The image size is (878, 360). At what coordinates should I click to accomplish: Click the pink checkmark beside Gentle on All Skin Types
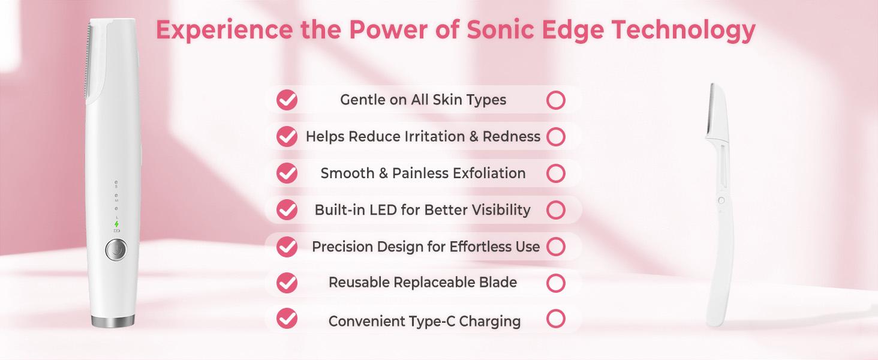pos(287,100)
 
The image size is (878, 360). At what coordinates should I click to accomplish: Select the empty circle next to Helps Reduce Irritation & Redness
pos(556,137)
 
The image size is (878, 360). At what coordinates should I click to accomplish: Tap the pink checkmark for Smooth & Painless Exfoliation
pos(287,173)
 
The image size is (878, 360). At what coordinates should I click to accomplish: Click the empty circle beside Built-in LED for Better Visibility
pos(556,210)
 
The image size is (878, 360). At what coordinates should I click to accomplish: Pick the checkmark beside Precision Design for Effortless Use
pos(287,247)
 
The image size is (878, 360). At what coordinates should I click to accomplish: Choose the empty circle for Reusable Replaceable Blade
pos(556,283)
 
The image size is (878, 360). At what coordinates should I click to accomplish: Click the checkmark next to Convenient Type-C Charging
pos(287,319)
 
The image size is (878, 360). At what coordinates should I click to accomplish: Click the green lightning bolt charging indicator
pos(116,223)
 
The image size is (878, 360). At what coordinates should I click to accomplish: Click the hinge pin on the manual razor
pos(720,200)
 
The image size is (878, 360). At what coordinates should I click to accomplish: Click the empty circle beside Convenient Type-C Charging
pos(556,319)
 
